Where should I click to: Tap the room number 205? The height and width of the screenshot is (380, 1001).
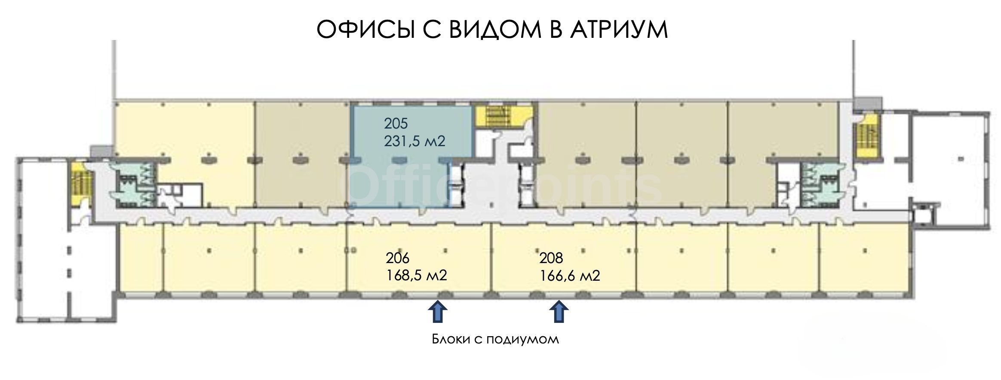[x=396, y=124]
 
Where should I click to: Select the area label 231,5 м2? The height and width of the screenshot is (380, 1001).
[x=415, y=141]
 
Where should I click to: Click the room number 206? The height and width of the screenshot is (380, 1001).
[x=397, y=258]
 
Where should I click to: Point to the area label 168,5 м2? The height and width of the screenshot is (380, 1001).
[x=416, y=275]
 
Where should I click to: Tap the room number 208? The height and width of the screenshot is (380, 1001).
[x=551, y=258]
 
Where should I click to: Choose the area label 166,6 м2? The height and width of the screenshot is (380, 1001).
[x=570, y=275]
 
